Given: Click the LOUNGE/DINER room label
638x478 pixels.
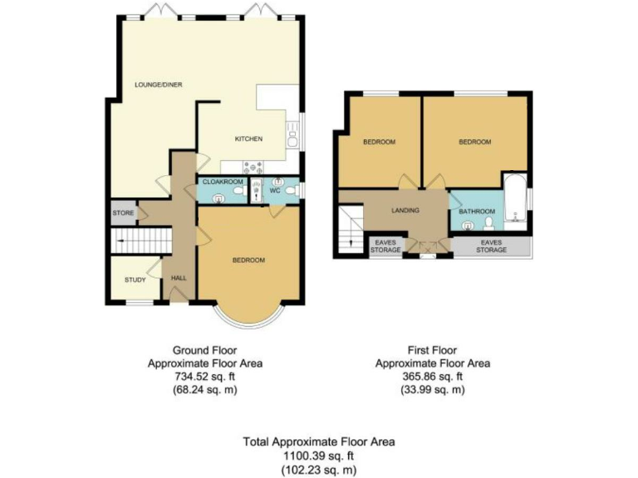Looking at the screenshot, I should point(159,85).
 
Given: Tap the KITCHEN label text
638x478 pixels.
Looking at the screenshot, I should point(249,139).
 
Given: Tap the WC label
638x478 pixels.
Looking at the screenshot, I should point(275,192).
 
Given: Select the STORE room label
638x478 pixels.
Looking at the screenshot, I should point(123,213).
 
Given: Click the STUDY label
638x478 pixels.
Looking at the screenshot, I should point(135,280).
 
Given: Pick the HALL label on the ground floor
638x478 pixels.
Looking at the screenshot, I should point(179,278).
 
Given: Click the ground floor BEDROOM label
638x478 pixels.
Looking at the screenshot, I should point(248,261).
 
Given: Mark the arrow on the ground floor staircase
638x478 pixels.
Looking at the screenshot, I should point(125,242).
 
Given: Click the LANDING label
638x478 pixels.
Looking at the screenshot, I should point(405,210).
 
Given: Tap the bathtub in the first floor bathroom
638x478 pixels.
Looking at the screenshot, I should point(514,199).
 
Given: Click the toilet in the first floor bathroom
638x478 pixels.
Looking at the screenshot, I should point(490,223).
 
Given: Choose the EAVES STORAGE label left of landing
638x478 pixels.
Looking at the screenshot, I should point(385,246).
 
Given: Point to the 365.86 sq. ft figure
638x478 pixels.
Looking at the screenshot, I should point(432,376).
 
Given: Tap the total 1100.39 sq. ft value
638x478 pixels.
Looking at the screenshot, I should point(319,456).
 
